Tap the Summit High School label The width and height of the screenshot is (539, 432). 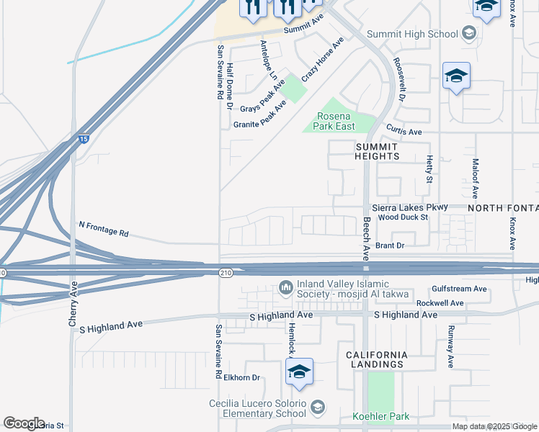tap(412, 34)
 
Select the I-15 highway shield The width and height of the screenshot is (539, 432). tap(84, 139)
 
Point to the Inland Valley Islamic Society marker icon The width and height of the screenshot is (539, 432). tap(285, 288)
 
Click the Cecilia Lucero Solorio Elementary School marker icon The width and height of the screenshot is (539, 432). tap(317, 410)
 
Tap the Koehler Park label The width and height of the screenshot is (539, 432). tap(380, 416)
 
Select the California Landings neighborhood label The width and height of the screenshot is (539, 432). tap(377, 360)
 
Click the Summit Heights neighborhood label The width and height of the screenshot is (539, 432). tap(377, 151)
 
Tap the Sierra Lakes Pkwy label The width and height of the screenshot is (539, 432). tap(409, 207)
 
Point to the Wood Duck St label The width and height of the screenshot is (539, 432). tap(403, 217)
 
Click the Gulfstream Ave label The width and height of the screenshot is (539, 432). tap(459, 289)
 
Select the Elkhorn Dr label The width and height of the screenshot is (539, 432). tap(241, 377)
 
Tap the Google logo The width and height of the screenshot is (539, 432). tap(24, 423)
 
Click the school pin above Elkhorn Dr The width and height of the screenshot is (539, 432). tap(298, 372)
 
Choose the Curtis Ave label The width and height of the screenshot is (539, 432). tap(404, 132)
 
